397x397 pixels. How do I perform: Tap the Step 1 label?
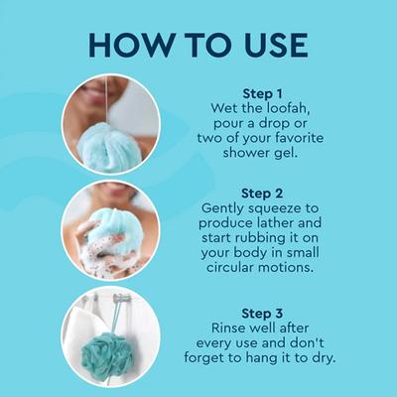pos(269,93)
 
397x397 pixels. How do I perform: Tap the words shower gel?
pos(269,154)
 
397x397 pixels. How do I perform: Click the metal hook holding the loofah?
pos(119,298)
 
